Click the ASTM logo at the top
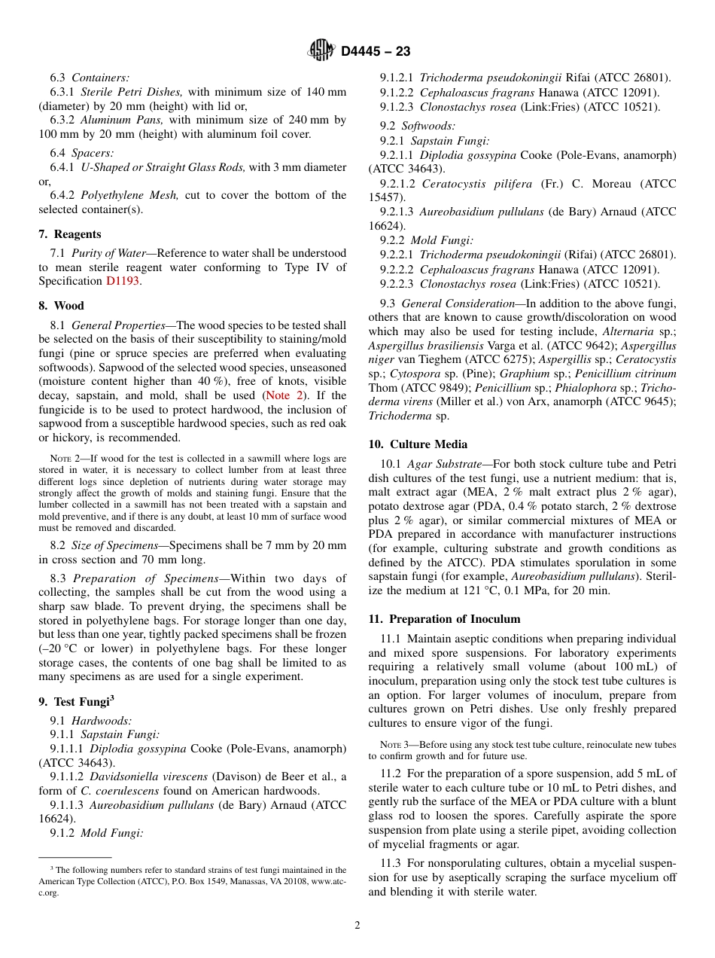(321, 51)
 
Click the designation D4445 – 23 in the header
(376, 52)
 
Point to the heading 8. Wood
(61, 306)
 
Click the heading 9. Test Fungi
(75, 701)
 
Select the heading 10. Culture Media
(418, 444)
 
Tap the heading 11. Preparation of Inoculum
(444, 619)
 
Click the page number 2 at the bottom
(357, 926)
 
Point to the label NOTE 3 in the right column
(394, 745)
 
